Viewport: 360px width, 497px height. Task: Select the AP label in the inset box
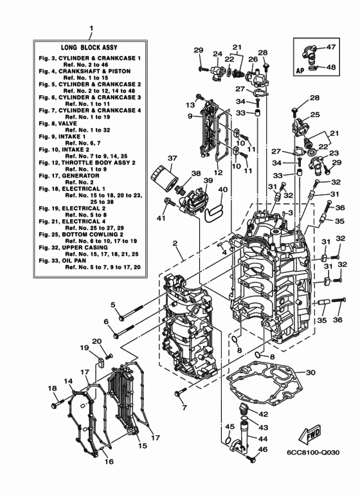tap(300, 65)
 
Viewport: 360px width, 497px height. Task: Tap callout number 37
tap(154, 158)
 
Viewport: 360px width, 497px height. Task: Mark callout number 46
tap(264, 449)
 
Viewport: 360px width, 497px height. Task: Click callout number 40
tap(222, 189)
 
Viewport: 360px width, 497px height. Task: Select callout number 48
tap(330, 66)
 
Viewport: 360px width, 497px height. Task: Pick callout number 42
tap(264, 414)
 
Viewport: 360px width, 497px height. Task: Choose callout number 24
tap(217, 54)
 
